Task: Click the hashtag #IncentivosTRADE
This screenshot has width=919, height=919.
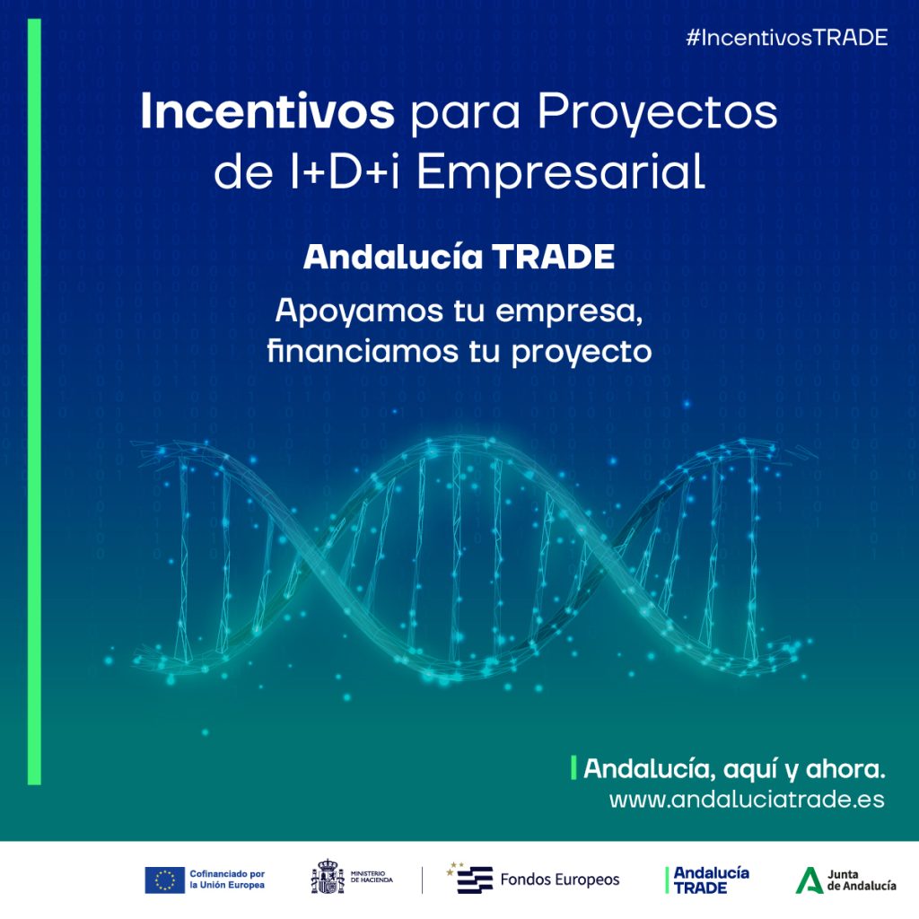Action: (785, 37)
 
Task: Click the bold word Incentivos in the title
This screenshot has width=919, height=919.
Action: (267, 114)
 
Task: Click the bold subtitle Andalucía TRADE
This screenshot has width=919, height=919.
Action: (459, 258)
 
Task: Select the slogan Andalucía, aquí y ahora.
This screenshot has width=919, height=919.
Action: (734, 769)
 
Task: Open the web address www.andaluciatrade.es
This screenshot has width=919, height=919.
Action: (747, 800)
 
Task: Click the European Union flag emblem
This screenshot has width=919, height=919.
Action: (164, 880)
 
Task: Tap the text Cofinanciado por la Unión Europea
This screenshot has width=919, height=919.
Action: (227, 880)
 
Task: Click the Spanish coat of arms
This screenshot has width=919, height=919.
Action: (328, 878)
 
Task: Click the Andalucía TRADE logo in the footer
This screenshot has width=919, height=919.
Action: (709, 880)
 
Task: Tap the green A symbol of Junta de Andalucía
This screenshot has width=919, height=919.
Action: (809, 880)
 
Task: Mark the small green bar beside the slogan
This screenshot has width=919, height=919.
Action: (573, 768)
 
